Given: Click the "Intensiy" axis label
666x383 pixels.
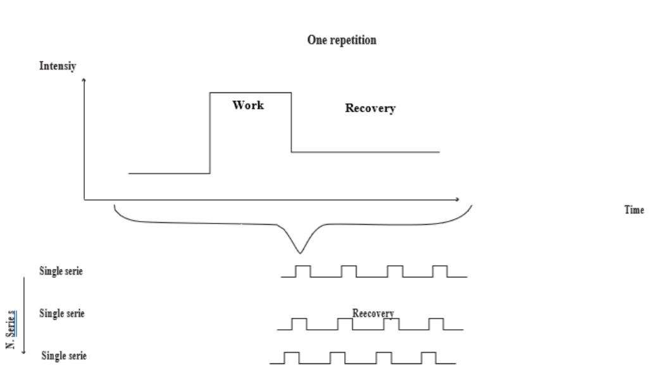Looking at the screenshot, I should point(58,66).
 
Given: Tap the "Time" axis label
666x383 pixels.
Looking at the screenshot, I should point(634,210).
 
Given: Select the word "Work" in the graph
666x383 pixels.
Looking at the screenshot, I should point(248,105).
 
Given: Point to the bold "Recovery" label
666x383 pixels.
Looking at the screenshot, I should point(370,108).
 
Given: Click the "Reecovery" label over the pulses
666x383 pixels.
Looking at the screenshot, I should point(373,313).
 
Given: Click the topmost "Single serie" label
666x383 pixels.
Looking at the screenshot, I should point(61,272).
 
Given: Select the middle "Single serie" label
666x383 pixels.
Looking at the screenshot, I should point(61,313).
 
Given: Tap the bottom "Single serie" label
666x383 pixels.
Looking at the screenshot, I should point(64,356).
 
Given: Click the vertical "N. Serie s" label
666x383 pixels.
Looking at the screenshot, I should point(11,329).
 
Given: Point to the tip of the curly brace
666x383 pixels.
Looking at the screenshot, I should point(301,253).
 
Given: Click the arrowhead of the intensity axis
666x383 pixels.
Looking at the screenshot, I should point(84,80).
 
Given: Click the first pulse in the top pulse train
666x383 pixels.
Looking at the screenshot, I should point(303,271).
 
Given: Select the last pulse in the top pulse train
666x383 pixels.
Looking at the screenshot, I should point(440,271).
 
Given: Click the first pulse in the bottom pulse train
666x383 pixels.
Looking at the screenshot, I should point(291,358).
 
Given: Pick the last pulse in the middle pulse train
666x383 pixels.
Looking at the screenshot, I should point(436,323).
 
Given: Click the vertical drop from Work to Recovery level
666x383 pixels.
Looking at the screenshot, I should point(291,122).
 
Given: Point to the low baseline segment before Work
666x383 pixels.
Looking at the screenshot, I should point(169,173).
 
